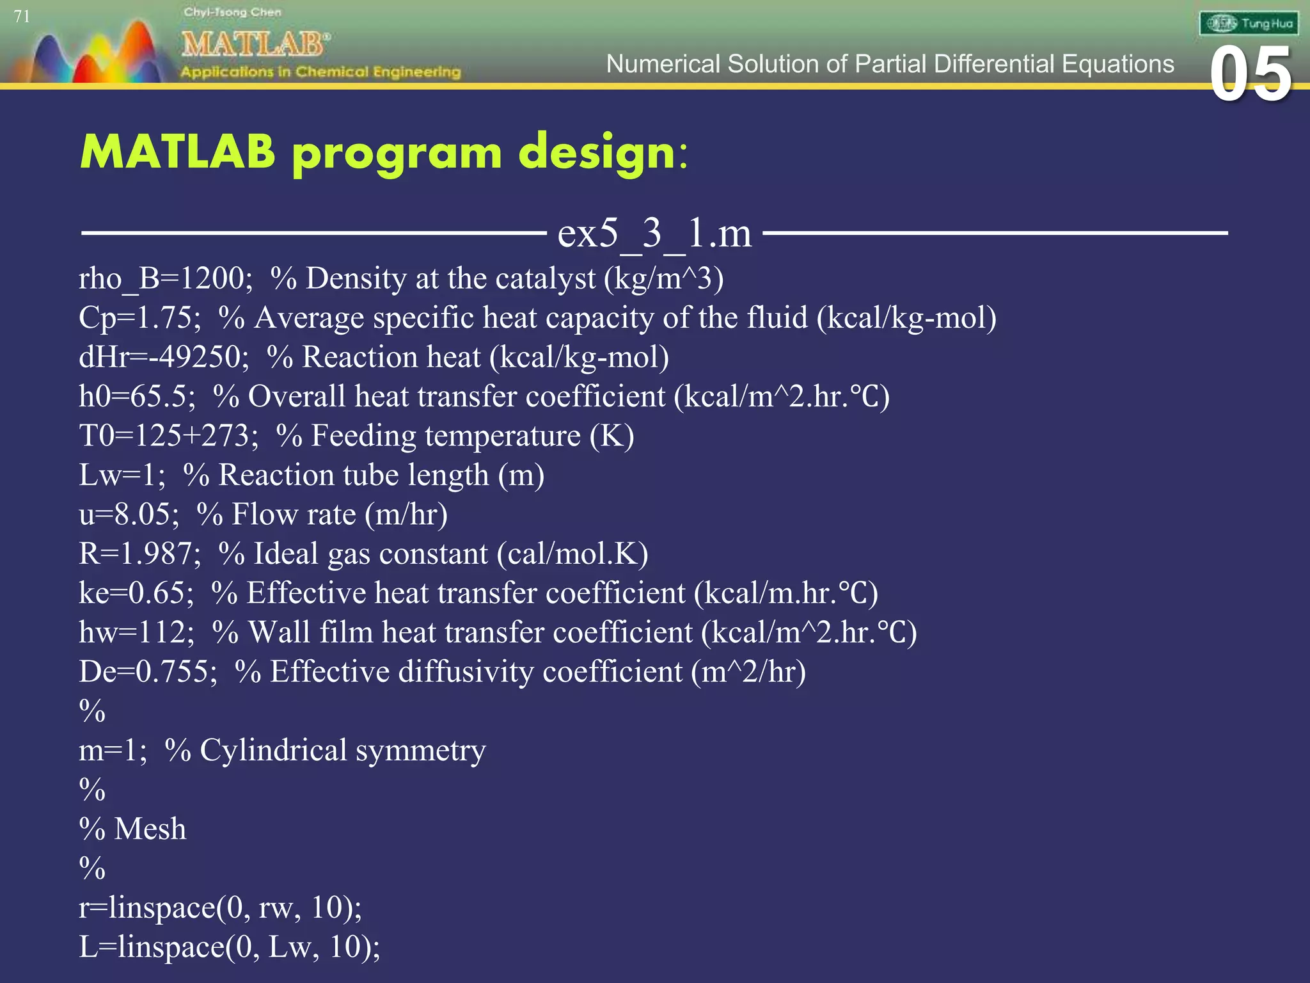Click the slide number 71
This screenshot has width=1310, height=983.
pos(22,17)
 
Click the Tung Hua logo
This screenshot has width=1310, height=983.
pos(1248,24)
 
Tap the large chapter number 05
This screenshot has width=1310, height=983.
pos(1251,75)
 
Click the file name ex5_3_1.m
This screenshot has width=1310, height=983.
pos(654,233)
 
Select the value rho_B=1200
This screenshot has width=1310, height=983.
pos(165,279)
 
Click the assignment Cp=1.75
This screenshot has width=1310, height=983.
pos(139,318)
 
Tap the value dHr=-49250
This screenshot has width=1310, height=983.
pos(163,357)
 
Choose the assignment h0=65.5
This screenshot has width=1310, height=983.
pos(136,397)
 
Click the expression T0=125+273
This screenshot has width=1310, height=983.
pos(168,436)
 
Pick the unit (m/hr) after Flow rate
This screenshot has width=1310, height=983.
pos(406,515)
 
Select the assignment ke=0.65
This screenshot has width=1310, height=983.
pos(136,593)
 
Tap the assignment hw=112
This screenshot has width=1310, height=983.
pos(136,632)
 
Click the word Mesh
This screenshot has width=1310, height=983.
pos(150,829)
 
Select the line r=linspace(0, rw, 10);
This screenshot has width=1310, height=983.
pos(220,908)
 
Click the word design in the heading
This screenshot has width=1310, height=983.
pos(596,154)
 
